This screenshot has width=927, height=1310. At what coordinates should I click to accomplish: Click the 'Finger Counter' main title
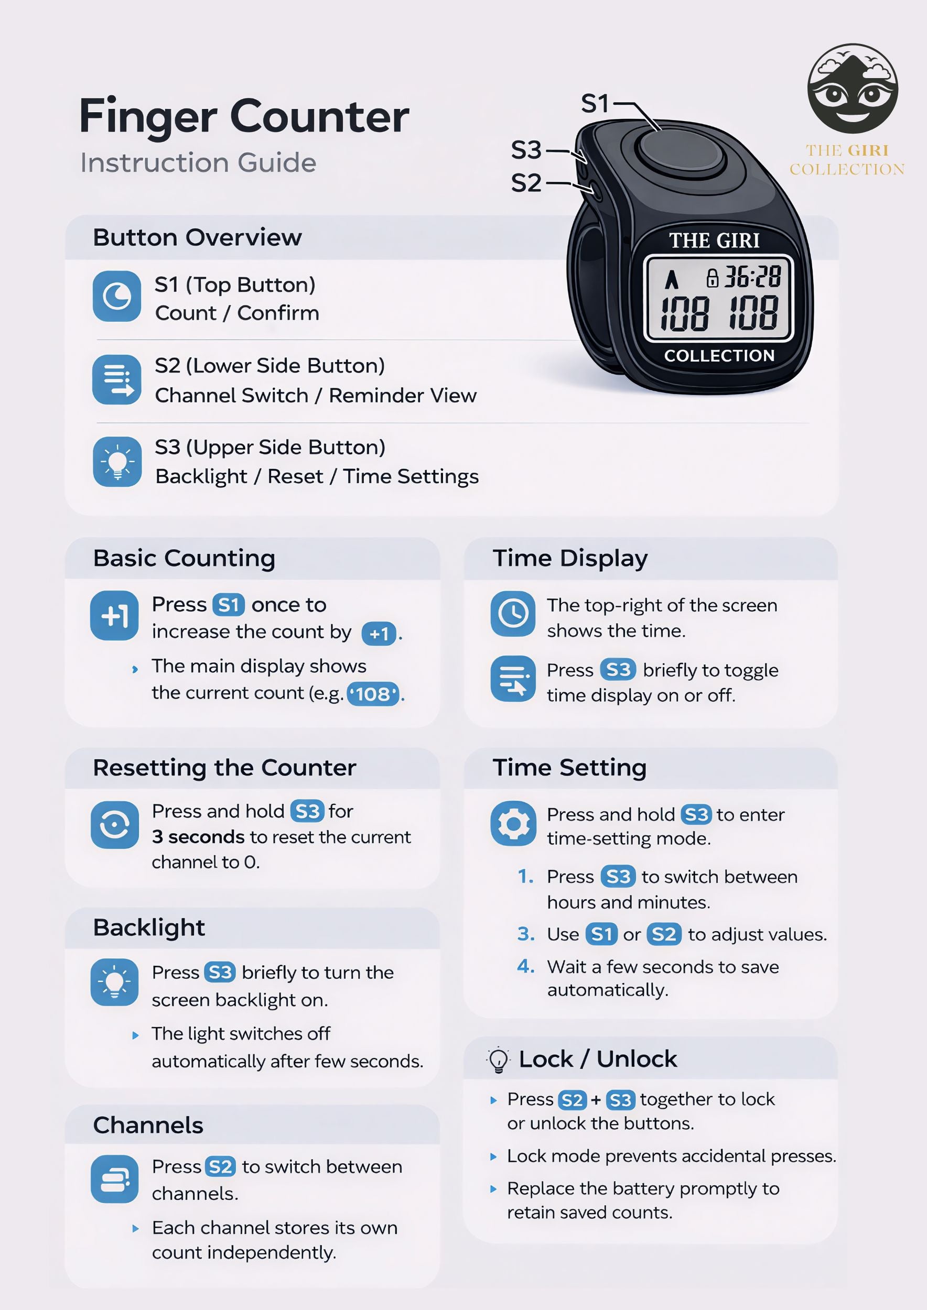click(x=244, y=117)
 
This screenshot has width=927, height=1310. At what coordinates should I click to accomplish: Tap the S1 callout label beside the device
click(x=595, y=104)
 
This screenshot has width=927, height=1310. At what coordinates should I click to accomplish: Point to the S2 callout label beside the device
click(x=526, y=184)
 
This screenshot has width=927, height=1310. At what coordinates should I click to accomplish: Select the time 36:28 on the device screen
click(x=752, y=277)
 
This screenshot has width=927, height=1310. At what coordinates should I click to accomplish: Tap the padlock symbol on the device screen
click(x=713, y=278)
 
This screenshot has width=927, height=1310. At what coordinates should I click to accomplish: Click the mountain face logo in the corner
click(x=852, y=89)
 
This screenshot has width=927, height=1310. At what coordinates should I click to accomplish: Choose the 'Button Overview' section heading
click(x=197, y=237)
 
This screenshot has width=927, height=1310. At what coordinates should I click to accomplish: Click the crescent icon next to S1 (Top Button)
click(x=117, y=296)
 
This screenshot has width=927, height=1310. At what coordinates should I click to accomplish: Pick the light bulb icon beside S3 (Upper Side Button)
click(x=117, y=462)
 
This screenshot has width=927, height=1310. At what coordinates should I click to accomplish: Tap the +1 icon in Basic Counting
click(x=114, y=616)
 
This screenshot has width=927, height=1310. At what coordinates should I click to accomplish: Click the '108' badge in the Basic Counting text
click(x=373, y=694)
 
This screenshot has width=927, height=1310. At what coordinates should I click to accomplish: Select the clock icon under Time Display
click(x=513, y=614)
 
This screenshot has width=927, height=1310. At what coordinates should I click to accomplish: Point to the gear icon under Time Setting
click(x=513, y=824)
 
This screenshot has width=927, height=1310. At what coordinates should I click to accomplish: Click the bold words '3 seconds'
click(x=198, y=837)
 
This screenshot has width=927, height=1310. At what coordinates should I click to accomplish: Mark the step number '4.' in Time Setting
click(x=526, y=966)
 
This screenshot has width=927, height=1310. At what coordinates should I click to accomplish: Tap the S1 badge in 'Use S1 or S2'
click(x=601, y=934)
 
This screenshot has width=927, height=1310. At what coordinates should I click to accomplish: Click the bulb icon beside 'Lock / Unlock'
click(x=498, y=1060)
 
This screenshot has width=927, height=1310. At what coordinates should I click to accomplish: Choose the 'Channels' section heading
click(x=148, y=1125)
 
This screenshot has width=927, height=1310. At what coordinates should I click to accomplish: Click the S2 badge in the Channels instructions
click(x=220, y=1167)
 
